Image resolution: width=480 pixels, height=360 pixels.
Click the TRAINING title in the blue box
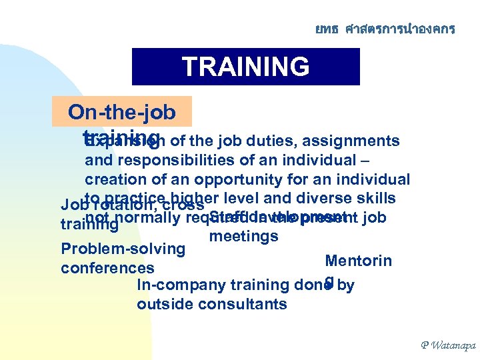pyautogui.click(x=245, y=67)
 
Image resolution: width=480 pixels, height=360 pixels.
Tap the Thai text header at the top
pyautogui.click(x=385, y=29)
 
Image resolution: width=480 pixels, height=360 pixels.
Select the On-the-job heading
pyautogui.click(x=122, y=112)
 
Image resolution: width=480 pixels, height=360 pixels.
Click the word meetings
pyautogui.click(x=243, y=236)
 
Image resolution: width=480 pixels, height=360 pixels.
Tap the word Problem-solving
pyautogui.click(x=123, y=249)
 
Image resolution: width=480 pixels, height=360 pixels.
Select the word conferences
pyautogui.click(x=107, y=269)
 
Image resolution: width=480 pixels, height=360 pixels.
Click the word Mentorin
pyautogui.click(x=358, y=261)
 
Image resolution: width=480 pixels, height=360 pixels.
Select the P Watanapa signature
pyautogui.click(x=447, y=345)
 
